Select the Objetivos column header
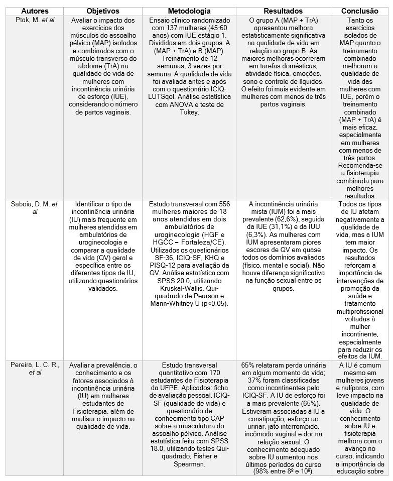[102, 11]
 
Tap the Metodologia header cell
[189, 11]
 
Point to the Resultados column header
[283, 11]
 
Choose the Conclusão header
[359, 11]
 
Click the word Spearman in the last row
[189, 464]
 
